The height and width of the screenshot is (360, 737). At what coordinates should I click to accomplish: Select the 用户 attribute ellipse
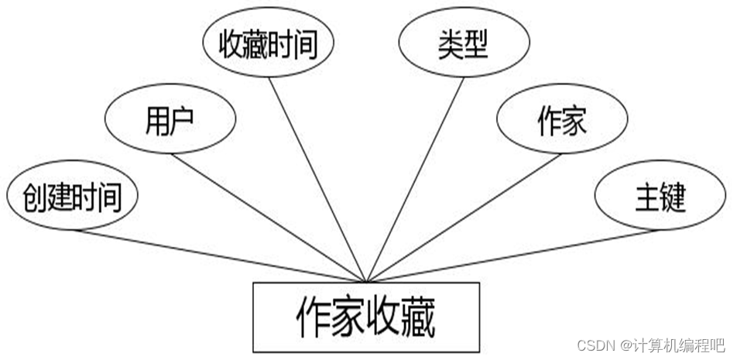pyautogui.click(x=169, y=122)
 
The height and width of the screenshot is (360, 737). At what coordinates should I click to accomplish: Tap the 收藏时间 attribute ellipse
pyautogui.click(x=268, y=45)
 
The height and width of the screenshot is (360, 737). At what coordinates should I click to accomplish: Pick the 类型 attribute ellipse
pyautogui.click(x=461, y=45)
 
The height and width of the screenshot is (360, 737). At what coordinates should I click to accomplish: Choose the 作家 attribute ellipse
pyautogui.click(x=561, y=122)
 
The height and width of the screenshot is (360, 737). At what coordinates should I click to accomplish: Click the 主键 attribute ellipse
pyautogui.click(x=660, y=198)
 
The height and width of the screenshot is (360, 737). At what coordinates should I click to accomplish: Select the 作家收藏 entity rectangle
pyautogui.click(x=365, y=317)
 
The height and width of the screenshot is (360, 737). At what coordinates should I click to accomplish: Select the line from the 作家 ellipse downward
pyautogui.click(x=464, y=217)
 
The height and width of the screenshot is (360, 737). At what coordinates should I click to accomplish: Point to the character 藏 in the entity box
pyautogui.click(x=418, y=317)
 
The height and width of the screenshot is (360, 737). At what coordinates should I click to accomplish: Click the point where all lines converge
pyautogui.click(x=366, y=280)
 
